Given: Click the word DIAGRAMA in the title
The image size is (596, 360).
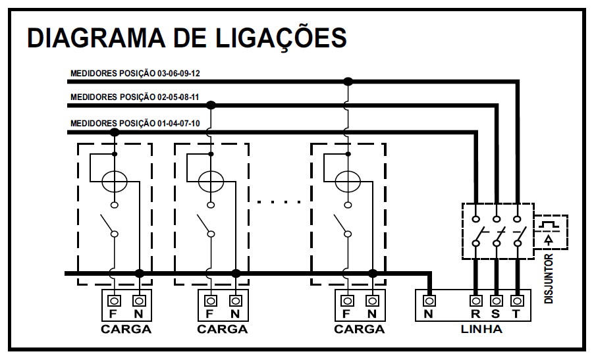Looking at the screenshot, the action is coord(96,38).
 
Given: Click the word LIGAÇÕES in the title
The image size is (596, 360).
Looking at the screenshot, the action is coord(282,38).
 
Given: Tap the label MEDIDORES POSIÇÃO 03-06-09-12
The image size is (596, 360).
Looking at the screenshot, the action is coord(135,73).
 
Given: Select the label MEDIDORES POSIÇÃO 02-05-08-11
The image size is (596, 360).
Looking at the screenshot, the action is coord(134,97).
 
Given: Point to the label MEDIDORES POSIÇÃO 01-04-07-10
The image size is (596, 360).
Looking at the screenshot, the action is coord(135,124).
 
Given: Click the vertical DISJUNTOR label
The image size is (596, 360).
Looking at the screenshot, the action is coord(549,279).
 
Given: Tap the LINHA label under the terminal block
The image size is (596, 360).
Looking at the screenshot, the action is coord(481,329).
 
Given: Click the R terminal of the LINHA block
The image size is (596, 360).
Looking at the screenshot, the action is coord(475,301).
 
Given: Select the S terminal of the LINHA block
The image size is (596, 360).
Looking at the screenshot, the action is coord(496,301).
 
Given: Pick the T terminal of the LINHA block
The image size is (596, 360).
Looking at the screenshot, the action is coord(516,301).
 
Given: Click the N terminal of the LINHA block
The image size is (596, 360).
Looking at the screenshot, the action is coord(429,301).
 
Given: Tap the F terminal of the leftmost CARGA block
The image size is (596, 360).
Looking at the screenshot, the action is coord(114,301).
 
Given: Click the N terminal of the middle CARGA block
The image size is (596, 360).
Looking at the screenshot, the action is coord(236,301).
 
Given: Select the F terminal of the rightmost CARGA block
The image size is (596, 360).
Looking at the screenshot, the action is coord(347,301).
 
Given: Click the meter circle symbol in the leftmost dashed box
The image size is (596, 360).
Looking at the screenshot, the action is coord(115,181).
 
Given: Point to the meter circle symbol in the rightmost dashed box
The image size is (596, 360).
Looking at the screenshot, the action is coord(348,181).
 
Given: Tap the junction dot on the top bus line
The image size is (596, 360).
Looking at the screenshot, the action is coord(348,81).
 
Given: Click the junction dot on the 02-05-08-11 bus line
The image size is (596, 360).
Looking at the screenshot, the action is coord(211,105).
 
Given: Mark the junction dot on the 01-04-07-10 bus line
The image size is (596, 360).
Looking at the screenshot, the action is coord(115,132).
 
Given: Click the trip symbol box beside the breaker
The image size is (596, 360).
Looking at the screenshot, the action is coord(551,232).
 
